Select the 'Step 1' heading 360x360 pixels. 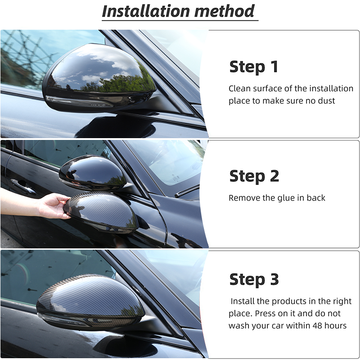254,67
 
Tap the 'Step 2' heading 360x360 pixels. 254,176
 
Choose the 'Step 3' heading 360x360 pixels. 254,279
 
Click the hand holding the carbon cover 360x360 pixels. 54,206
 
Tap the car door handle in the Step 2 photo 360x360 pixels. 23,185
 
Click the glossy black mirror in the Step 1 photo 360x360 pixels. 99,77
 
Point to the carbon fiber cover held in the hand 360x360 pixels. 101,211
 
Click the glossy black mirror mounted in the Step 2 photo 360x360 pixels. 93,172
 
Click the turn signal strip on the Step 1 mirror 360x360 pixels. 79,102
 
